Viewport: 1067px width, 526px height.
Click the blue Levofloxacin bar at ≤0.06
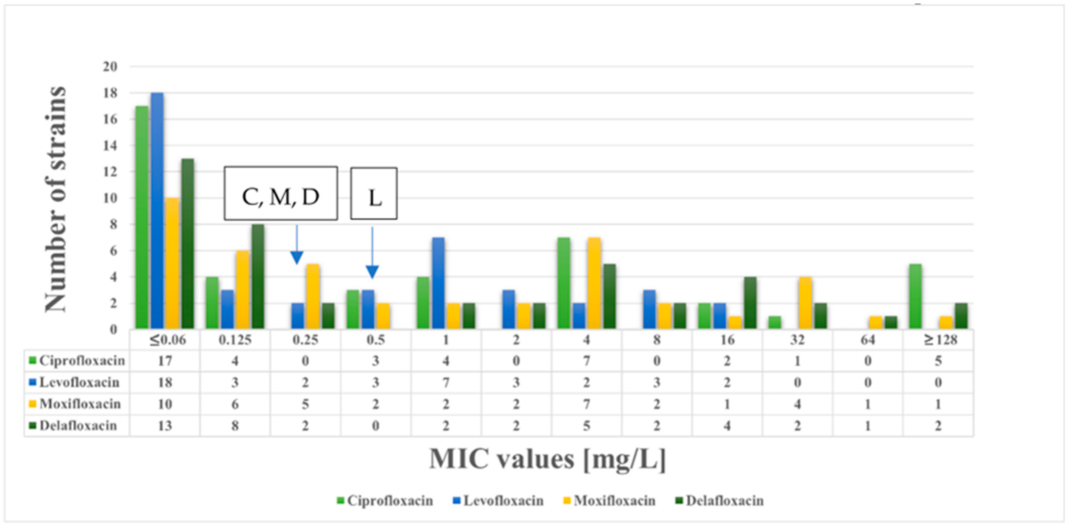click(x=157, y=211)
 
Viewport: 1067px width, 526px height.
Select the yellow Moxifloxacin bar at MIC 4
click(x=594, y=284)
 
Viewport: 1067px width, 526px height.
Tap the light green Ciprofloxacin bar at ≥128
click(x=915, y=297)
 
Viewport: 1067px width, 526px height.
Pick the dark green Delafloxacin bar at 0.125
click(x=258, y=277)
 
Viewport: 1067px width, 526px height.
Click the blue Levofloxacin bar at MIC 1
click(x=438, y=284)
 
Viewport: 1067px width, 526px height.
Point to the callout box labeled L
click(x=374, y=194)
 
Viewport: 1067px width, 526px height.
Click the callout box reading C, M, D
click(x=281, y=194)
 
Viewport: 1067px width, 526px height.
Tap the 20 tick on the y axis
click(x=110, y=67)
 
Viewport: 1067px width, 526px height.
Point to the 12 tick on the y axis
click(x=110, y=172)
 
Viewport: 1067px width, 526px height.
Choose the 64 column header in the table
click(x=867, y=340)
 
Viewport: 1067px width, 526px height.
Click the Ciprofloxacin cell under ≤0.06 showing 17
click(x=165, y=361)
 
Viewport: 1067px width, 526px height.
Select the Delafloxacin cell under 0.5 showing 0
click(x=375, y=426)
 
